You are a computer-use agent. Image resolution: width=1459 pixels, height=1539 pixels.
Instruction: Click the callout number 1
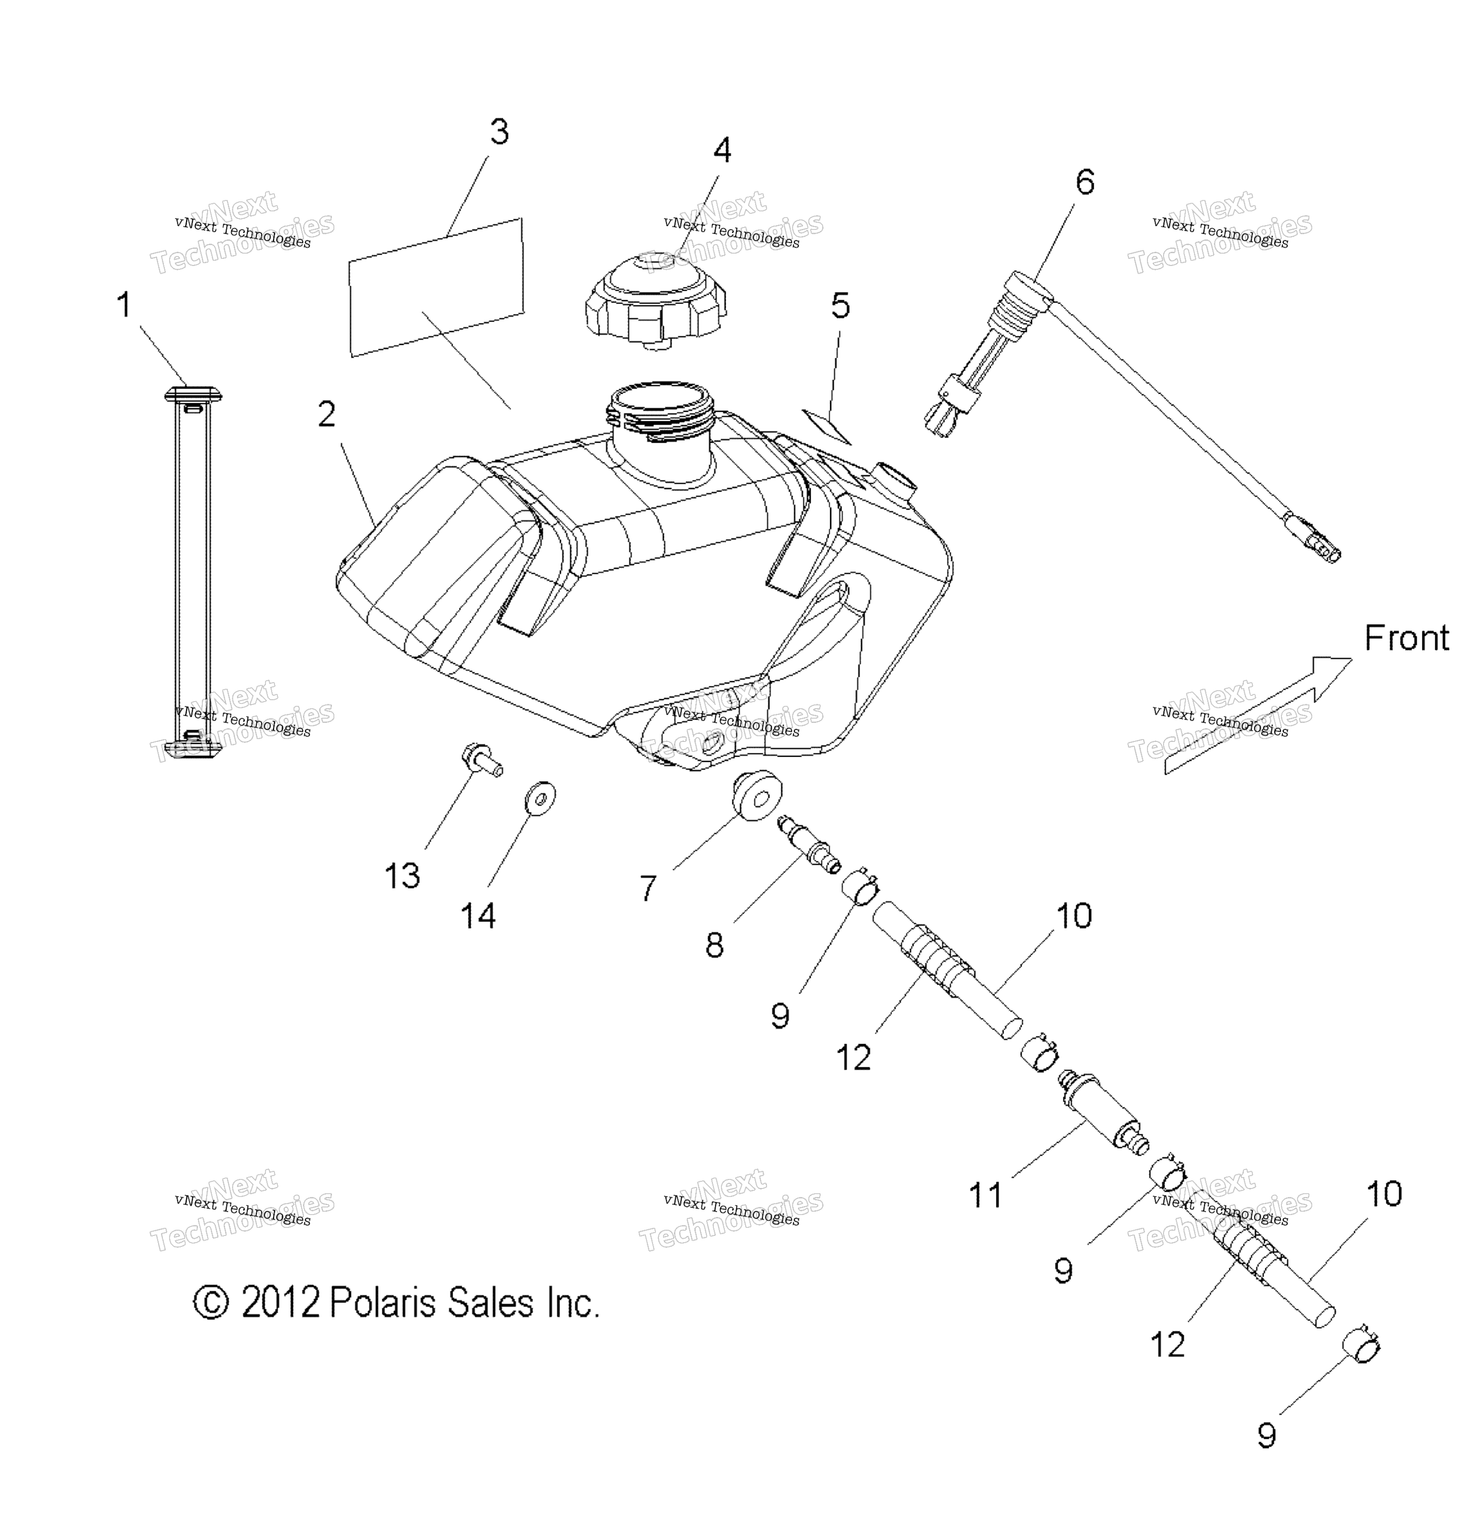(123, 305)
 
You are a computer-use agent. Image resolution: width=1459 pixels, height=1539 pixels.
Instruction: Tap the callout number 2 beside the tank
(327, 415)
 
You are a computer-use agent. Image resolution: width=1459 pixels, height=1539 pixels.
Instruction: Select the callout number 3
(499, 132)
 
